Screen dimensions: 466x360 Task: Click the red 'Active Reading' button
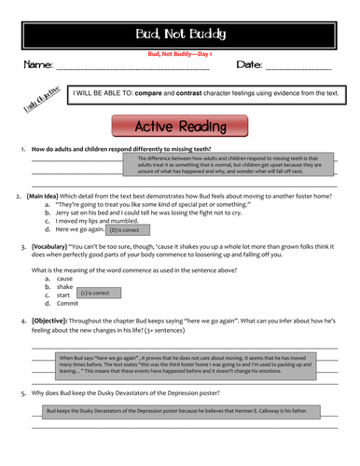coord(180,126)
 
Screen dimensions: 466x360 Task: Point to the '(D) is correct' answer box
coord(124,229)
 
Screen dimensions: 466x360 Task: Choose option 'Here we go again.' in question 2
coord(79,228)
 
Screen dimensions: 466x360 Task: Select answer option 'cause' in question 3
coord(64,278)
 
